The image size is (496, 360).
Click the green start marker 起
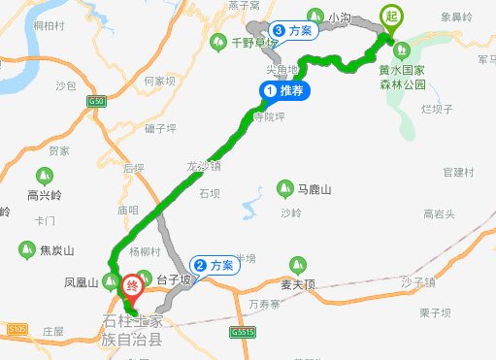391,17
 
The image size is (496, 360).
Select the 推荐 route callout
284,90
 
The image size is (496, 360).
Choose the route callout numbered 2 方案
213,265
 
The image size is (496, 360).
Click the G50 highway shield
95,101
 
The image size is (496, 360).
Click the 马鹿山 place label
313,188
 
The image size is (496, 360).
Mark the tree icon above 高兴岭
44,176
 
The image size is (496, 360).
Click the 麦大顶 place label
299,285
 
